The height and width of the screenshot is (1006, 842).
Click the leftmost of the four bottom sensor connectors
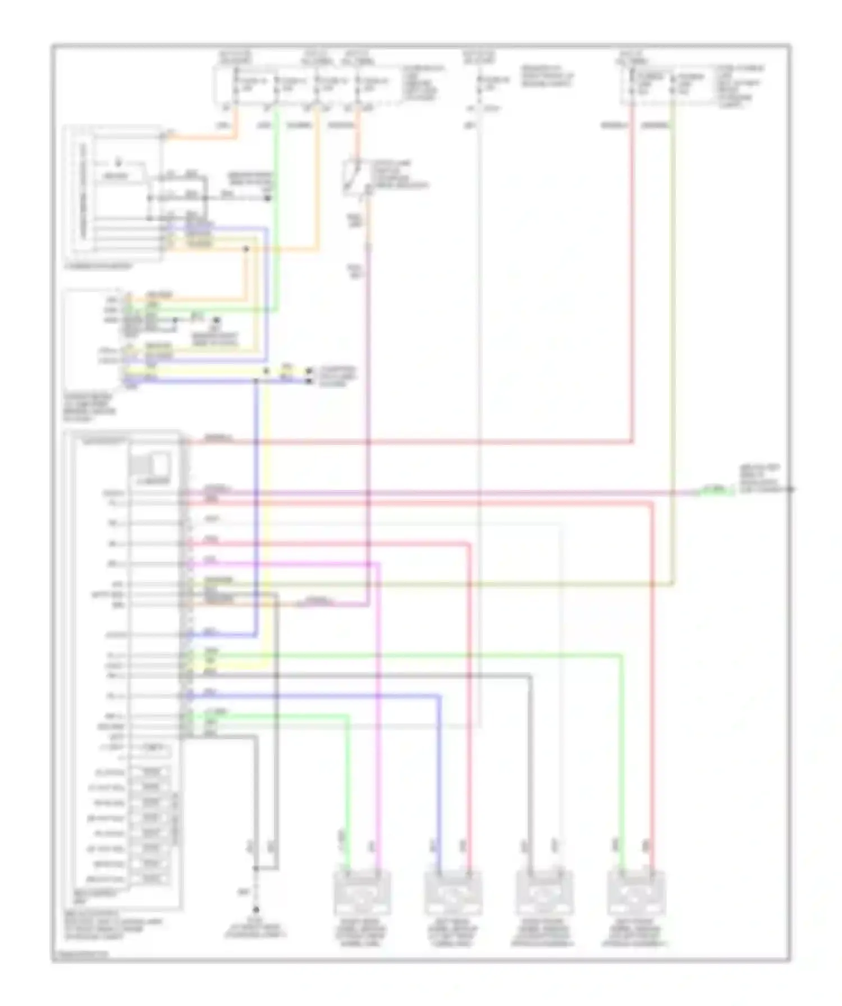point(362,893)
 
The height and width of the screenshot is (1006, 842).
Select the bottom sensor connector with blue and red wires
point(453,893)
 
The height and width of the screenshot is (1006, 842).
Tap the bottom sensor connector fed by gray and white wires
point(544,893)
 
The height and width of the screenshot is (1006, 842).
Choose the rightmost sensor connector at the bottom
point(636,893)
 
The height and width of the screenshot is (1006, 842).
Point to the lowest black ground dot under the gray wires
point(256,910)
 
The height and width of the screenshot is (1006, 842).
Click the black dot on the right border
point(790,489)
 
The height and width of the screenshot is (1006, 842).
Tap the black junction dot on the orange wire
point(246,248)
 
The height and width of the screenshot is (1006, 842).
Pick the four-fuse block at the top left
point(307,87)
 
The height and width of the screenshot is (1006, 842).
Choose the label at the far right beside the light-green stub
point(761,479)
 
